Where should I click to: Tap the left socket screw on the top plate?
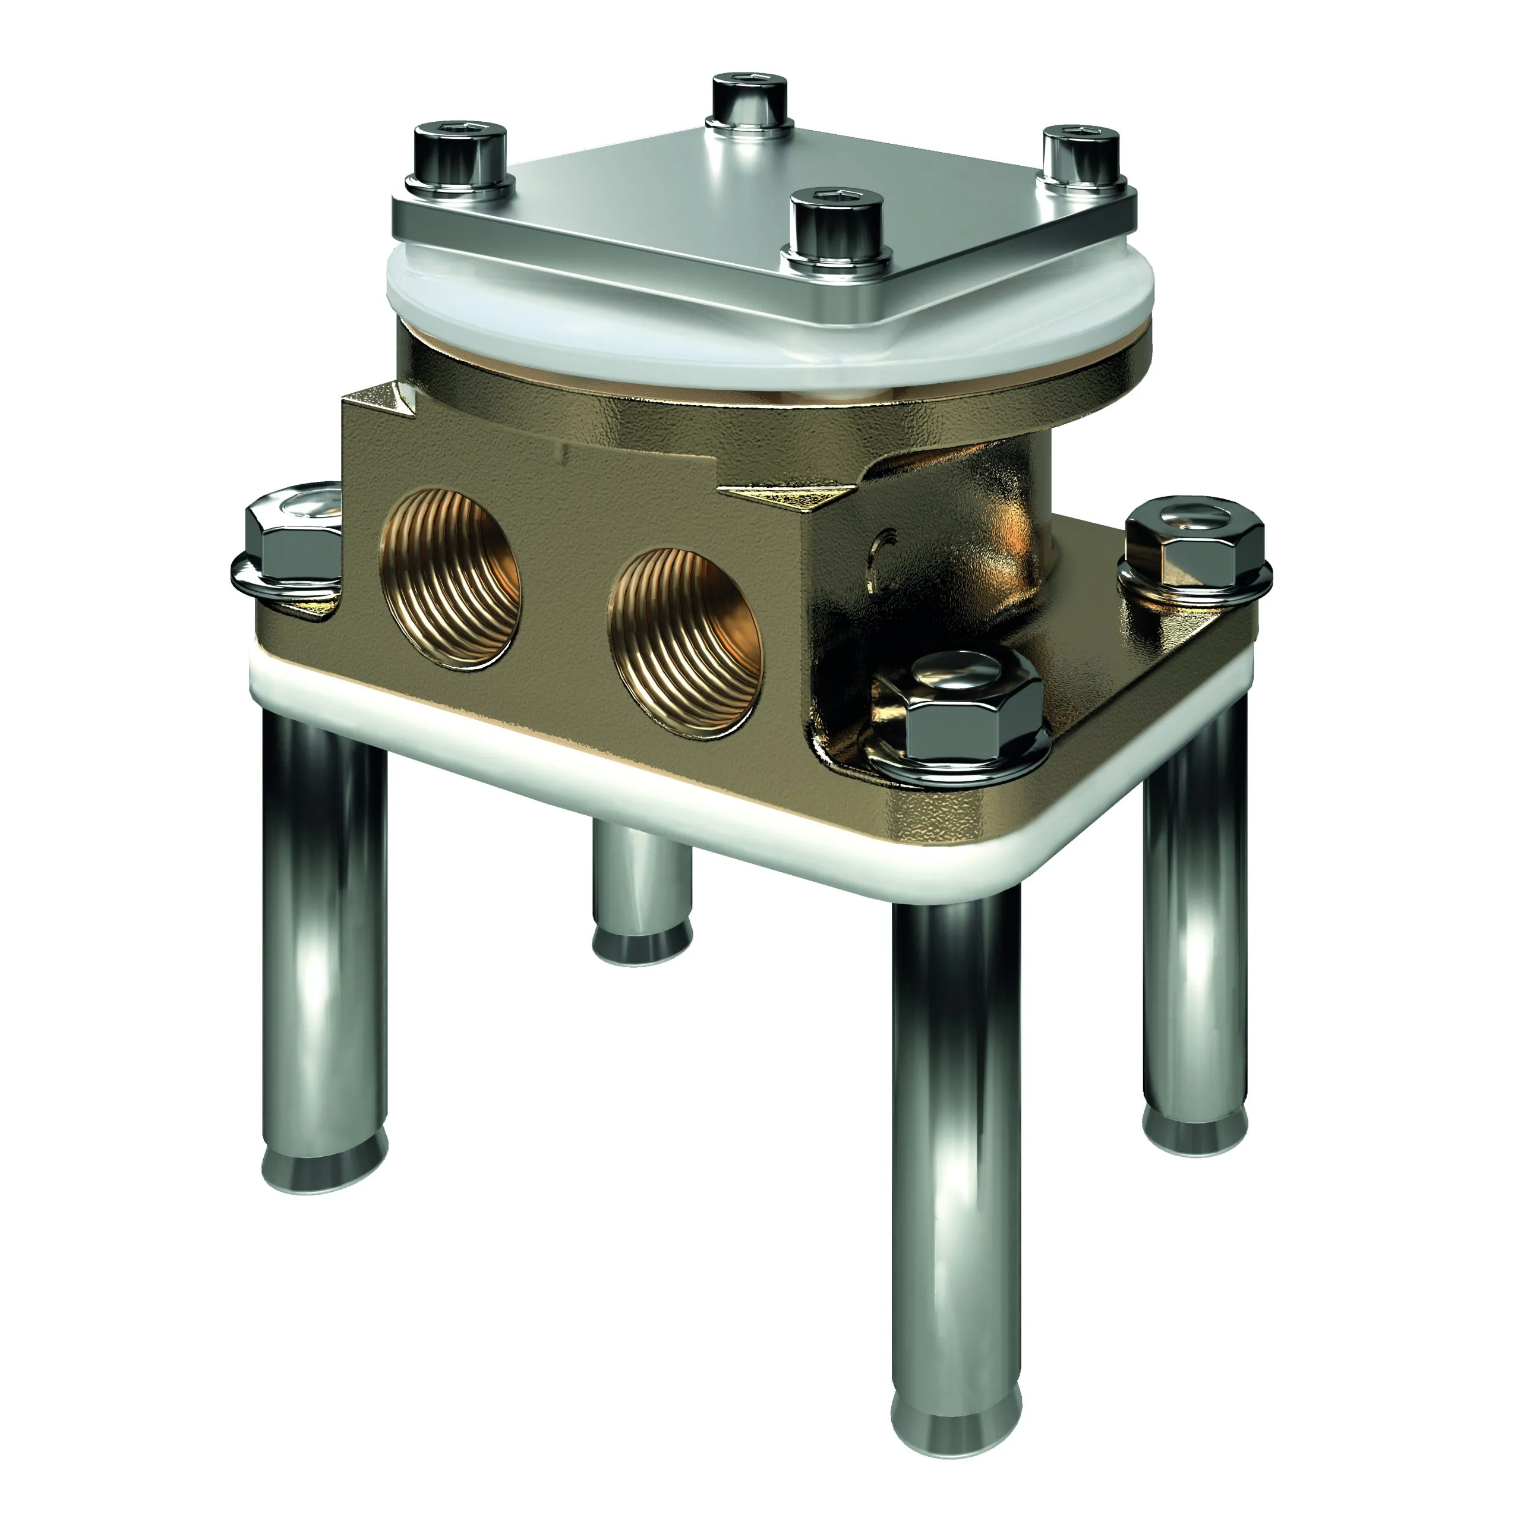(x=460, y=157)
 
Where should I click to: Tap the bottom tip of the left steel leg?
(x=324, y=1163)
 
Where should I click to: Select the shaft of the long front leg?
(x=955, y=1141)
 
